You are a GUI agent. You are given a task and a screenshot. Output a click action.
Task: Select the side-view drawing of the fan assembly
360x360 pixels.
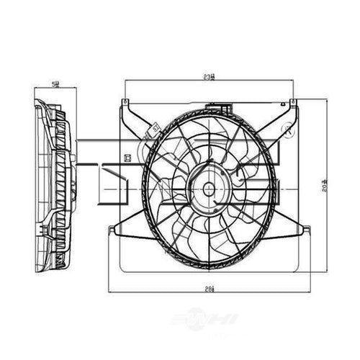click(x=53, y=187)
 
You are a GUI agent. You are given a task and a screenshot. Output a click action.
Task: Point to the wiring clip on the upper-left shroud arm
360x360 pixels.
click(x=154, y=129)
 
